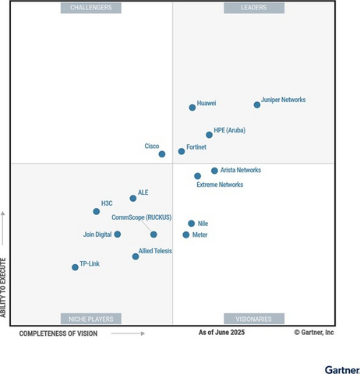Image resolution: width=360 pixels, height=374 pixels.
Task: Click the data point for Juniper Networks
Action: [x=257, y=104]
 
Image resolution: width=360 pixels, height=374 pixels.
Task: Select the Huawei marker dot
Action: [x=192, y=108]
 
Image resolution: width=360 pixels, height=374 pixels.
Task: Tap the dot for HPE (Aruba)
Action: [x=209, y=135]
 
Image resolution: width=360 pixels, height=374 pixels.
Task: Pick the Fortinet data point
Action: [x=182, y=151]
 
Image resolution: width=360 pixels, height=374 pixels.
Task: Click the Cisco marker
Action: [x=162, y=154]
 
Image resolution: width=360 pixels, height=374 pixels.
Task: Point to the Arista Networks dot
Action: [x=214, y=171]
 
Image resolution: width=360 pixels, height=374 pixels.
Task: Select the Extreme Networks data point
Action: [x=197, y=176]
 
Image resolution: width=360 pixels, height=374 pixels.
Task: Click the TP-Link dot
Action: [x=75, y=267]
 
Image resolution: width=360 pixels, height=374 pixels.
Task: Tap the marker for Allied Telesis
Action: [x=136, y=256]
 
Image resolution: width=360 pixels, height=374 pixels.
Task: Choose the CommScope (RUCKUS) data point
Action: [x=154, y=235]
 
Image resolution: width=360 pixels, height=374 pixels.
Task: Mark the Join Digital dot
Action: [x=118, y=234]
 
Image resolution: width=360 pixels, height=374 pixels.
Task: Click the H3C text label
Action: [x=107, y=203]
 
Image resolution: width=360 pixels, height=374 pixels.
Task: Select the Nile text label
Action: [x=203, y=223]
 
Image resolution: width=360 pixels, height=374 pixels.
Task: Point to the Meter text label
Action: [x=200, y=235]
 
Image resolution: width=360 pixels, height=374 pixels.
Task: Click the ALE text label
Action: [x=143, y=192]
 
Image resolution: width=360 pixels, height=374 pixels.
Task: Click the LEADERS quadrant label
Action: [x=254, y=8]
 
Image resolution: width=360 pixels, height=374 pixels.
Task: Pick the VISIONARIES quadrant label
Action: [x=254, y=319]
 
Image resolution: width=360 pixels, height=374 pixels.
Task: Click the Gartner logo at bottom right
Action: [x=342, y=369]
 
